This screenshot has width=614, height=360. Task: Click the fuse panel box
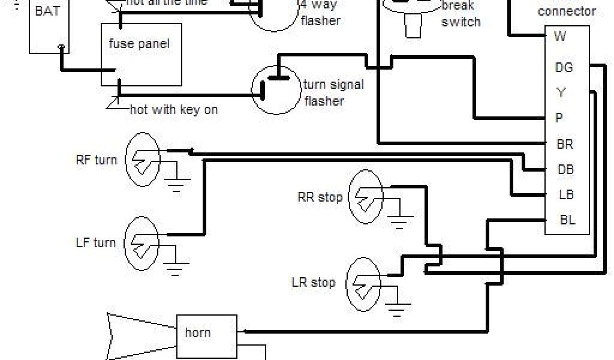[x=141, y=54]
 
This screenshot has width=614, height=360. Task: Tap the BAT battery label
[x=47, y=11]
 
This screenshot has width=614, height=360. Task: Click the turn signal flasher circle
[x=275, y=91]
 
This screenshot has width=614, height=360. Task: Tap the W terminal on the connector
[x=560, y=37]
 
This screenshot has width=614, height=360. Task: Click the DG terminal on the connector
[x=564, y=67]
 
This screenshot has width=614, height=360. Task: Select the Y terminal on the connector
[x=561, y=93]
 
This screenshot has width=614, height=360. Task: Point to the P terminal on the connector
[x=559, y=118]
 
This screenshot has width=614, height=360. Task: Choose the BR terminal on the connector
[x=565, y=144]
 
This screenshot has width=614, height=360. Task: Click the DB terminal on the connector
[x=565, y=169]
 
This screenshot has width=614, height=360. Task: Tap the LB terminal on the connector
[x=565, y=194]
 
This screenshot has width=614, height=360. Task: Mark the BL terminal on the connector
[x=567, y=220]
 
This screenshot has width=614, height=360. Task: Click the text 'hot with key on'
[x=174, y=110]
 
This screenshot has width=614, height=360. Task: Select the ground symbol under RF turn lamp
[x=176, y=184]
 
